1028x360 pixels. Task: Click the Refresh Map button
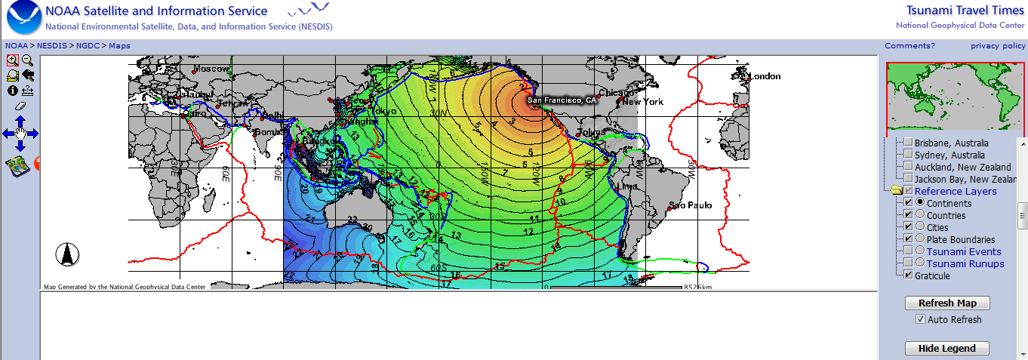[947, 303]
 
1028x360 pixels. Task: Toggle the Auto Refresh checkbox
[920, 319]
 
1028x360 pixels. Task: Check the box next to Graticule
[909, 275]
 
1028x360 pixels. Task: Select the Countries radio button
[920, 215]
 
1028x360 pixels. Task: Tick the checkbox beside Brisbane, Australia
[909, 143]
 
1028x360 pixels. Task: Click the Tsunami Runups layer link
[965, 263]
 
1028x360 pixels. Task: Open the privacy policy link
[998, 46]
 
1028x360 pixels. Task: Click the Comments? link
[910, 46]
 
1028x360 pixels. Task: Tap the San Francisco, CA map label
[562, 100]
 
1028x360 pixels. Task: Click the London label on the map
[765, 76]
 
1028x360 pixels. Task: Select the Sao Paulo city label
[691, 205]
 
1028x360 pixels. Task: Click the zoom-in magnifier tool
[13, 60]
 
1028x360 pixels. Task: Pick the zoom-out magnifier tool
[27, 60]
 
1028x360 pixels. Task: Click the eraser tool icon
[20, 106]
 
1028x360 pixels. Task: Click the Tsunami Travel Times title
[965, 10]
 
